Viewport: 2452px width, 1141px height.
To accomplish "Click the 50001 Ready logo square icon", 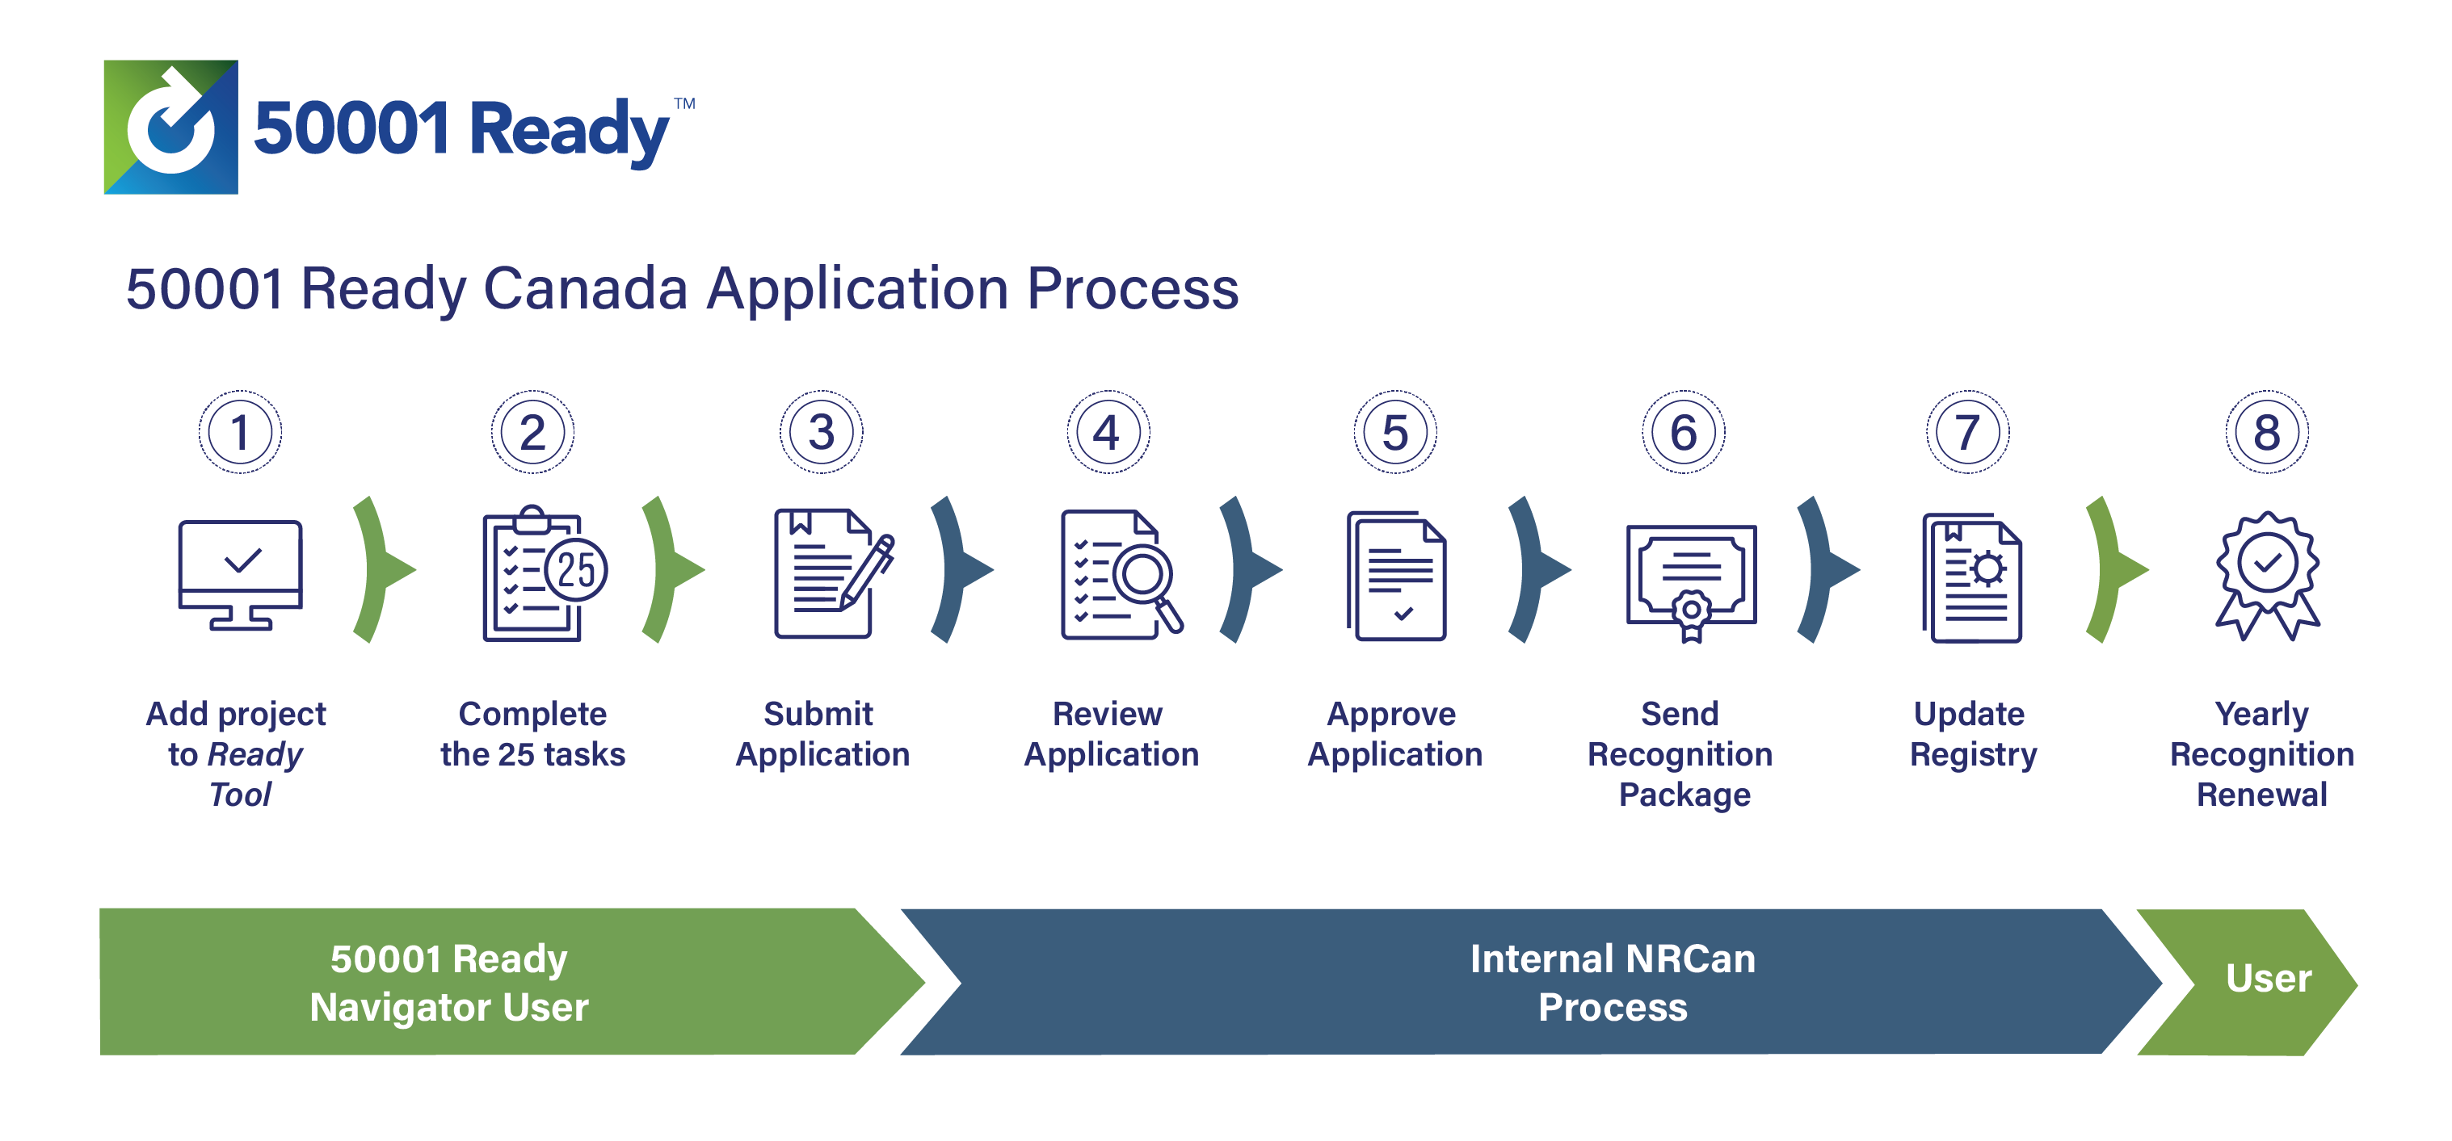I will [170, 128].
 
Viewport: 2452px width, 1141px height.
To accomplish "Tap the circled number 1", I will [240, 432].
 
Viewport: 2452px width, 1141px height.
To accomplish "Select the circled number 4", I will [1107, 432].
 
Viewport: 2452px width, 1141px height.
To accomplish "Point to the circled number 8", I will [2266, 432].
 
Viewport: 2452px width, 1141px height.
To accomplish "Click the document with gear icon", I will [1972, 577].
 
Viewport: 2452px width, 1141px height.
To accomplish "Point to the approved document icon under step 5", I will [1396, 577].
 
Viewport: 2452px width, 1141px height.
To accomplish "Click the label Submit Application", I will [822, 734].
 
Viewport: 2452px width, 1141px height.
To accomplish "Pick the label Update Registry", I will [1971, 734].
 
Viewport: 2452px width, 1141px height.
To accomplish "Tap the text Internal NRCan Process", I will [1613, 982].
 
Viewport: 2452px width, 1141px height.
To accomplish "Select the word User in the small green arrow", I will [2269, 978].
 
